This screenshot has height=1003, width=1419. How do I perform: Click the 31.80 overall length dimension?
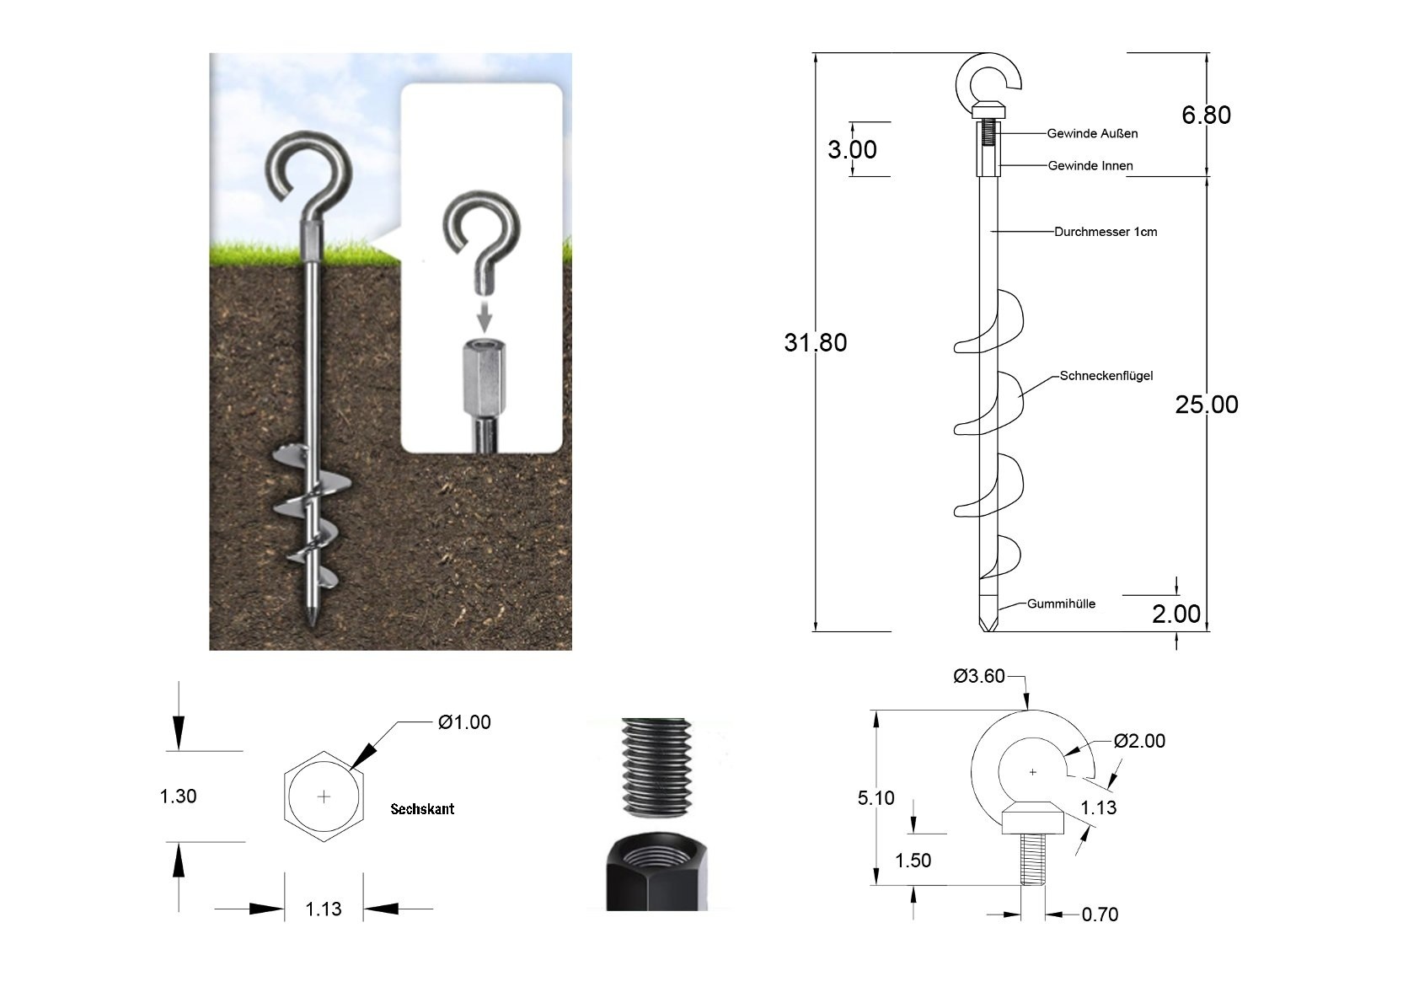point(816,343)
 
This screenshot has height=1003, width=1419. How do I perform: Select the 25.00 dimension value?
point(1206,405)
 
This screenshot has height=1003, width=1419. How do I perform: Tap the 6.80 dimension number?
point(1206,115)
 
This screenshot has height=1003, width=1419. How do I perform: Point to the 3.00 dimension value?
point(852,150)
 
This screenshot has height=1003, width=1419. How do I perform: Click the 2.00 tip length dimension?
point(1175,614)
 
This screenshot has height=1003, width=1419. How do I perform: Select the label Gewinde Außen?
point(1092,134)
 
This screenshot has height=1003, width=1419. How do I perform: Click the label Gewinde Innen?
point(1090,166)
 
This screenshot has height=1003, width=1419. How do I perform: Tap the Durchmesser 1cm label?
point(1106,232)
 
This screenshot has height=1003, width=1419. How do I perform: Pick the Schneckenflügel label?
point(1106,376)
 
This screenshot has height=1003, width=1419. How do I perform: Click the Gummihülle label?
point(1061,603)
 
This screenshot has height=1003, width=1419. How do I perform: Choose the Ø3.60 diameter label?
point(979,677)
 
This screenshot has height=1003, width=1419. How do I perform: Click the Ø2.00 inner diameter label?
point(1139,742)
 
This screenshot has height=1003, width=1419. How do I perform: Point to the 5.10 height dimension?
point(876,798)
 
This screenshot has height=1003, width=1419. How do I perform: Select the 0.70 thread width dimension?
point(1100,915)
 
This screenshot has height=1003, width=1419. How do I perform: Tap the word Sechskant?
point(422,809)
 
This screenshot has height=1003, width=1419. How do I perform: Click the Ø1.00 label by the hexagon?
point(464,723)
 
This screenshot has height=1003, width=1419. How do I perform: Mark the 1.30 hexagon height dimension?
point(178,796)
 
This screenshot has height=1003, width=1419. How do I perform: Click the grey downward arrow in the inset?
point(484,317)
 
